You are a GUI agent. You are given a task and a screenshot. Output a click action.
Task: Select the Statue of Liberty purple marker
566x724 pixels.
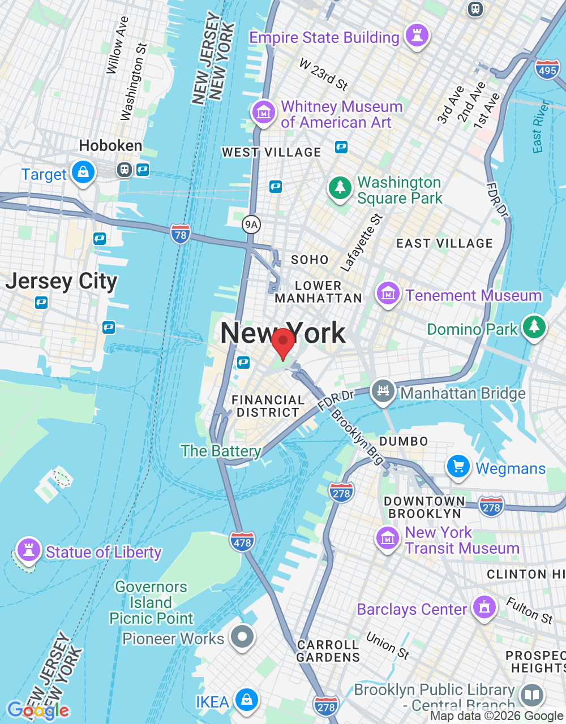click(28, 550)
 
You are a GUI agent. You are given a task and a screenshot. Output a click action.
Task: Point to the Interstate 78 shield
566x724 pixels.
click(180, 234)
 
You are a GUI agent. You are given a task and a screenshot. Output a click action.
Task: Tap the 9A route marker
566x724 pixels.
click(251, 225)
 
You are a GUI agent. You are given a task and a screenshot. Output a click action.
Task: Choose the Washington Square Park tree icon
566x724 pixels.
click(340, 187)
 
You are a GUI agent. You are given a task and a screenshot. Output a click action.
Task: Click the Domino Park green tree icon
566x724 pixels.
click(533, 327)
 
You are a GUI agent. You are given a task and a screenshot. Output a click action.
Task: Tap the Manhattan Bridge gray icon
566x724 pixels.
click(383, 391)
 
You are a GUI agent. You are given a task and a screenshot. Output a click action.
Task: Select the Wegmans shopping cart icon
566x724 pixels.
click(458, 467)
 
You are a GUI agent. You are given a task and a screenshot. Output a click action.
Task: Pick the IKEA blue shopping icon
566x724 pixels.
click(246, 700)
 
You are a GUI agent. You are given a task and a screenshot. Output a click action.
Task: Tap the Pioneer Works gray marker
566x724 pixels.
click(242, 637)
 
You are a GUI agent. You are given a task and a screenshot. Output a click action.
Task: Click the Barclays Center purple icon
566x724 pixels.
click(484, 607)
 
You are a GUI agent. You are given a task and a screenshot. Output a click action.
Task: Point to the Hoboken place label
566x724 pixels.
click(110, 146)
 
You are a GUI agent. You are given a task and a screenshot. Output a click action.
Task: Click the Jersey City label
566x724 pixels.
click(61, 281)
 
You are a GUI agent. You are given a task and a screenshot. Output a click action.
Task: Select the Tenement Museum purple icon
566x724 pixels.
click(388, 294)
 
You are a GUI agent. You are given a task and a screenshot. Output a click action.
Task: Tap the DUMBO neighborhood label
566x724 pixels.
click(404, 441)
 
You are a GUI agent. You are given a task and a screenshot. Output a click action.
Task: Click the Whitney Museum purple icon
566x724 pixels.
click(263, 112)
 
